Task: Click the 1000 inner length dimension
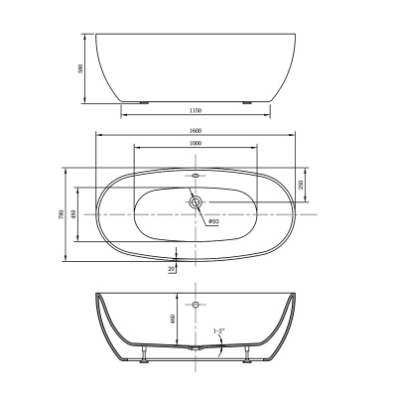(196, 144)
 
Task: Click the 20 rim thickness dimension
(172, 267)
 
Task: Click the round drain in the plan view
(196, 203)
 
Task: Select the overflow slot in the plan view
(196, 177)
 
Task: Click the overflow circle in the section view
(196, 304)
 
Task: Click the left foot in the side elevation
(146, 102)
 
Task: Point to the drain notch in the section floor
(196, 350)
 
